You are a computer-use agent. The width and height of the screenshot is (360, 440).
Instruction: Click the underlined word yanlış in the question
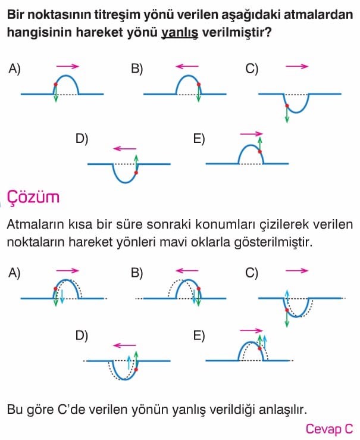(180, 33)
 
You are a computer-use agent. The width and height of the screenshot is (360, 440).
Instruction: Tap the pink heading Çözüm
(33, 198)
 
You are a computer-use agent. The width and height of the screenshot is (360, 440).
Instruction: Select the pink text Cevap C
(329, 429)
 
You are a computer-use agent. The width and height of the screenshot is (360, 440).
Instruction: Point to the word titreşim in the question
(117, 15)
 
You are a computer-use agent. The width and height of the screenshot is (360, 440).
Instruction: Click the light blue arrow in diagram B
(194, 297)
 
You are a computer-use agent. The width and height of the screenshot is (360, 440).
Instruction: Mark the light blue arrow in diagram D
(129, 362)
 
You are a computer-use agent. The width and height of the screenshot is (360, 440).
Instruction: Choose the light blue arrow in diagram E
(265, 342)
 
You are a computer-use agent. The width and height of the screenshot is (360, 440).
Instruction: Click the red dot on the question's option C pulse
(287, 106)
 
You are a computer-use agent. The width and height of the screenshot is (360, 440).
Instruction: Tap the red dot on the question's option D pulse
(136, 173)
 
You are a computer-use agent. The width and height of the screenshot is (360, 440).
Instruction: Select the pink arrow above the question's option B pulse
(187, 67)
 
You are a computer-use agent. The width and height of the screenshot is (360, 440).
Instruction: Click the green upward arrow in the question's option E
(260, 143)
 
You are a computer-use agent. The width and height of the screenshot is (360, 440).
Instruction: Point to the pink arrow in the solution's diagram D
(124, 345)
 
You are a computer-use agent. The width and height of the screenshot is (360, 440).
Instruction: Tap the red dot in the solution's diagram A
(55, 288)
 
